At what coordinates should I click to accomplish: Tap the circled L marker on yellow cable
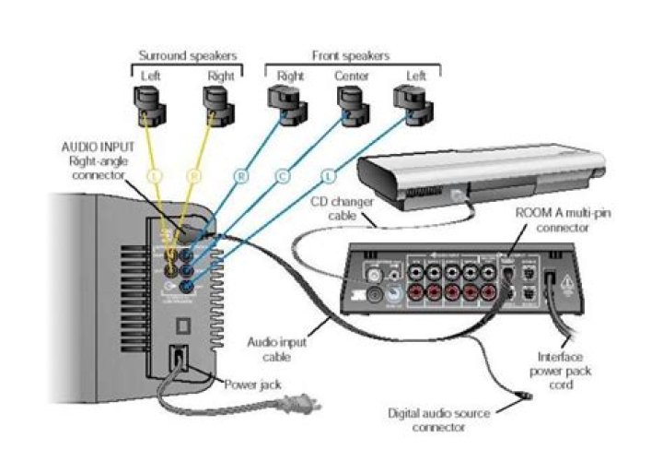[155, 173]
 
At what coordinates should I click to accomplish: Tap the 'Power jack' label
[252, 384]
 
